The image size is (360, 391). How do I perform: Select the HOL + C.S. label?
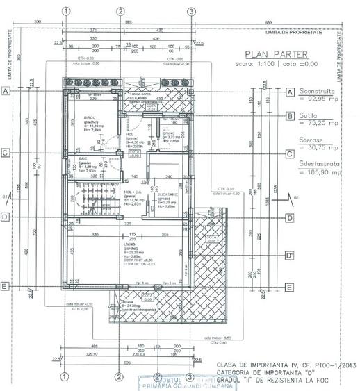click(x=133, y=192)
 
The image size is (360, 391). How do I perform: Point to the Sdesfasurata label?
click(x=321, y=164)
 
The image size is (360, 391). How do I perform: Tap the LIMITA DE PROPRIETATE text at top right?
click(x=304, y=32)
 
